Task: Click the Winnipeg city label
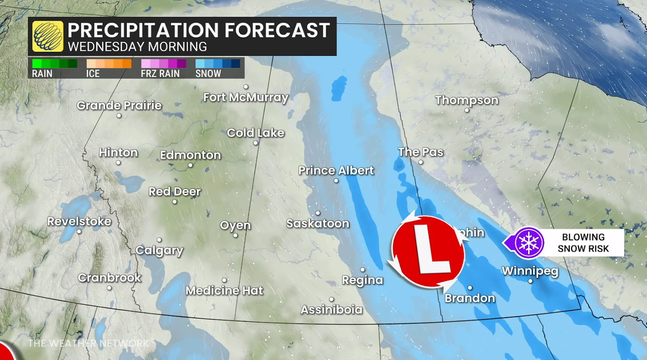click(530, 271)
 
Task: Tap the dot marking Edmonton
click(190, 165)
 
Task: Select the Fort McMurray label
click(246, 97)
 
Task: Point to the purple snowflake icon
click(529, 243)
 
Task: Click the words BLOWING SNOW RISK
click(583, 243)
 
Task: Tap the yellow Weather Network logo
click(48, 36)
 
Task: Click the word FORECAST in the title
click(277, 30)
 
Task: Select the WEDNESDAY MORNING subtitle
click(137, 47)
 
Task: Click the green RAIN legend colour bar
click(55, 64)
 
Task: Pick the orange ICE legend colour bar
click(109, 64)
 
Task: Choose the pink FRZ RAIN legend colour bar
click(163, 64)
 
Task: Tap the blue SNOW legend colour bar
click(218, 64)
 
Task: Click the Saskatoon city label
click(318, 223)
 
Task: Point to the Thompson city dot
click(467, 110)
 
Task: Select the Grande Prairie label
click(119, 106)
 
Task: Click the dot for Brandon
click(470, 288)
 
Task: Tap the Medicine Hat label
click(224, 290)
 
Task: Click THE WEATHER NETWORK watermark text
click(89, 343)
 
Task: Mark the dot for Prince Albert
click(336, 181)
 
